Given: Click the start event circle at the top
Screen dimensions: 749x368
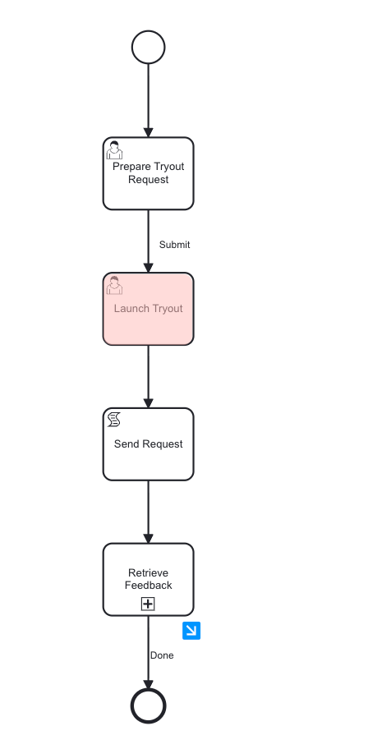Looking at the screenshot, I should pos(148,47).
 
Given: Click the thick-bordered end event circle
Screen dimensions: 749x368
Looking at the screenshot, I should pos(148,705).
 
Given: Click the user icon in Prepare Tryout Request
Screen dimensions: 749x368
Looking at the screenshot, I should pos(115,150).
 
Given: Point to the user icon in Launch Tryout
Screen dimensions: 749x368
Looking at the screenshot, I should pos(115,285).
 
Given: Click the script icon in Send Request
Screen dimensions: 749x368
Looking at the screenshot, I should pos(114,420).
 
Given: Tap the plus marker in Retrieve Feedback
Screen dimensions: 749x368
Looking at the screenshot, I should pos(148,604).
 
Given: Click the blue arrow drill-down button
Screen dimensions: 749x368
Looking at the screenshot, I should pos(191,630).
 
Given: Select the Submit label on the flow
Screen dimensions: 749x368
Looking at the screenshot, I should pos(174,245).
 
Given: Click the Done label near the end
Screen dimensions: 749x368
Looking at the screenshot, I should pos(162,655).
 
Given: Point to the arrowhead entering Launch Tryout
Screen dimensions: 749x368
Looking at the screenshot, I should pos(148,267).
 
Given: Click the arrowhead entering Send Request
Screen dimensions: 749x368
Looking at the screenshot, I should pos(148,402).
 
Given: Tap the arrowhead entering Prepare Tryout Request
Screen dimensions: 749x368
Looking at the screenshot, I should pos(148,131).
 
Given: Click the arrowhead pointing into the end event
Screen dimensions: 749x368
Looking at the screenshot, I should pos(148,683).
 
